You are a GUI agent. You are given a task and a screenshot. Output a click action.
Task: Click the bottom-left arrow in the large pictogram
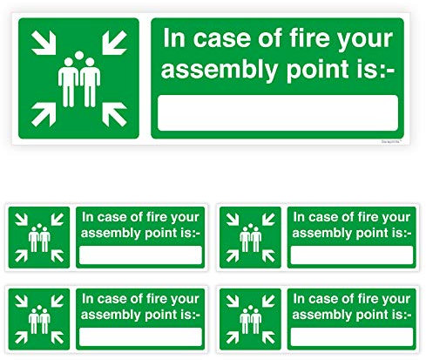[x=42, y=113]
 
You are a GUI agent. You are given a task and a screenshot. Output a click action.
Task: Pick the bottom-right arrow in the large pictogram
[x=114, y=113]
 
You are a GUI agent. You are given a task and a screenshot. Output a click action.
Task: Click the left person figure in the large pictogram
[x=68, y=85]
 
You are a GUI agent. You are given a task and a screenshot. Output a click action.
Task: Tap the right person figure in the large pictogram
[x=89, y=85]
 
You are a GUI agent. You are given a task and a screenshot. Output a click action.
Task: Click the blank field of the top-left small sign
[x=141, y=255]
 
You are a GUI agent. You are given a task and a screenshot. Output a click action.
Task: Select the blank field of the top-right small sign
[x=351, y=255]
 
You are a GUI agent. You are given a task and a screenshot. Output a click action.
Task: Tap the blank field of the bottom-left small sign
[x=141, y=336]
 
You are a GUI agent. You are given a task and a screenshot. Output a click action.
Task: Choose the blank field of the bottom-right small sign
[x=351, y=336]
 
